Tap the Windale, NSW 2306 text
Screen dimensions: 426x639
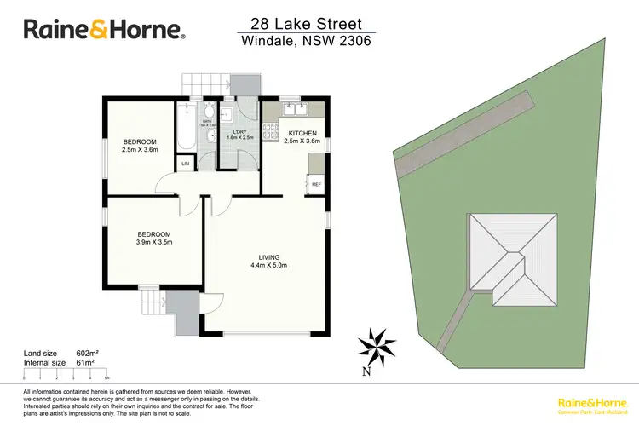coord(304,41)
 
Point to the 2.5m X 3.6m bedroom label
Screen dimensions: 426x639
coord(139,146)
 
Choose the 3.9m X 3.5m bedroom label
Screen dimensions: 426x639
coord(155,239)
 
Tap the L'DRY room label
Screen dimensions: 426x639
coord(239,134)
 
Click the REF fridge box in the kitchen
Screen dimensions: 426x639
coord(316,183)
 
